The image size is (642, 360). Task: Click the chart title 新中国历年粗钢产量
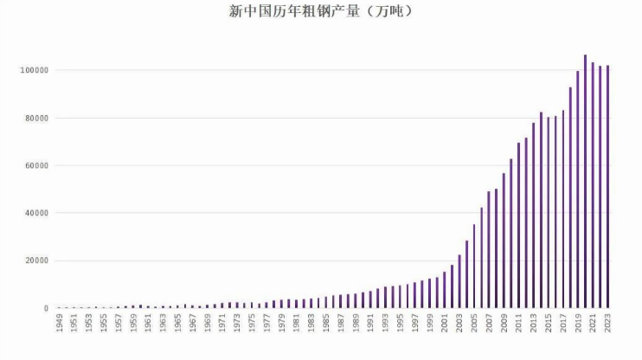[294, 11]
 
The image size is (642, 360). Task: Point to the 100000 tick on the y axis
[35, 70]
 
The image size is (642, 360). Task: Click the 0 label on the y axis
[46, 308]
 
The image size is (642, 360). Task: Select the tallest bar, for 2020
[585, 182]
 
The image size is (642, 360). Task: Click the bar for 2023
[607, 187]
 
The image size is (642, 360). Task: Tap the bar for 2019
[578, 190]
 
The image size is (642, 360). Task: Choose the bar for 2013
[534, 215]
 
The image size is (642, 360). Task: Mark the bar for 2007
[489, 250]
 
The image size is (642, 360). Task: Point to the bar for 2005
[474, 267]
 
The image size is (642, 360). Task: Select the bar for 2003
[459, 282]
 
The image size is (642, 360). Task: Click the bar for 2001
[444, 290]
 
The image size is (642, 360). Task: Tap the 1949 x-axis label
[60, 323]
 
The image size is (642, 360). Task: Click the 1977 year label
[267, 323]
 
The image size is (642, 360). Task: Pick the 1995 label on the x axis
[400, 323]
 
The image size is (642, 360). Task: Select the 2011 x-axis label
[519, 323]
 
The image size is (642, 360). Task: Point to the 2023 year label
[607, 323]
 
